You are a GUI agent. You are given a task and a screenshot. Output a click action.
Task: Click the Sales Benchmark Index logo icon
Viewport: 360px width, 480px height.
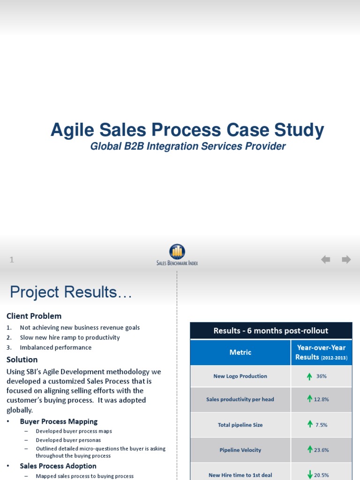pyautogui.click(x=177, y=251)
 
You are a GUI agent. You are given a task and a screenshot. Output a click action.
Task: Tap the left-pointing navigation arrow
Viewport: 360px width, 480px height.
pyautogui.click(x=325, y=259)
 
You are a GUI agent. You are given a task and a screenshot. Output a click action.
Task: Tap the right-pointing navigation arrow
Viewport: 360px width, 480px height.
pyautogui.click(x=346, y=259)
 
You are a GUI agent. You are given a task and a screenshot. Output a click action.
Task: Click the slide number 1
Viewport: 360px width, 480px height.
pyautogui.click(x=12, y=260)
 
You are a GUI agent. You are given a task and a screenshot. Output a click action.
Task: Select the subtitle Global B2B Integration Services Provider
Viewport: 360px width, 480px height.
pyautogui.click(x=187, y=146)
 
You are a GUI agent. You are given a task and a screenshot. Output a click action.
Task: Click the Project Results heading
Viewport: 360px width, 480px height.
pyautogui.click(x=71, y=292)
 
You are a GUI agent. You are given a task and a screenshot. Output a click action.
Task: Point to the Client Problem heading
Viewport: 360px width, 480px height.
pyautogui.click(x=34, y=316)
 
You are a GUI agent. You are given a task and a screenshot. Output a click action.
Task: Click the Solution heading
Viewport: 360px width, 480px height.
pyautogui.click(x=22, y=360)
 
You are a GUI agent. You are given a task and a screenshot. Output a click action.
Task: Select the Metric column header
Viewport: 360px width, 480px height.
pyautogui.click(x=240, y=352)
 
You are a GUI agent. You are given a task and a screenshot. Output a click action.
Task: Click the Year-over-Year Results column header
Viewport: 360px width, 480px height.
pyautogui.click(x=321, y=352)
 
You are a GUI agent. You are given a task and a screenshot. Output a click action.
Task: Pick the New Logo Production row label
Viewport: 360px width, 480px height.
pyautogui.click(x=240, y=376)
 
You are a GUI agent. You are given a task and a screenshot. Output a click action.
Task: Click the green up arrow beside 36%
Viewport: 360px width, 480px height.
pyautogui.click(x=309, y=376)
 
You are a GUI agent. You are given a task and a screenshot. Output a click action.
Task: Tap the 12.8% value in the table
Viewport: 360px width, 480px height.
pyautogui.click(x=322, y=399)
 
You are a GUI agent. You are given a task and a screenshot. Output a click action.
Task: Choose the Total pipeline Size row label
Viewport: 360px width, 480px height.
pyautogui.click(x=240, y=425)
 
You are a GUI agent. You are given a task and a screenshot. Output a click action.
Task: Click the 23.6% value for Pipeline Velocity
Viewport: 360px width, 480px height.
pyautogui.click(x=322, y=450)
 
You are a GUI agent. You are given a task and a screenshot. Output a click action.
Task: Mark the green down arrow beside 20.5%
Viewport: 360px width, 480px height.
pyautogui.click(x=310, y=474)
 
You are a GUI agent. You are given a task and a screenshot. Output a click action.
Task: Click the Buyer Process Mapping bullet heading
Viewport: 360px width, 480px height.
pyautogui.click(x=59, y=421)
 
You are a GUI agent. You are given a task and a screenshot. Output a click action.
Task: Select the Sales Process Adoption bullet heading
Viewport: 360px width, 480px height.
pyautogui.click(x=58, y=466)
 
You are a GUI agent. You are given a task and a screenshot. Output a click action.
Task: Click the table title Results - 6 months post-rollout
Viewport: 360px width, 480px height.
pyautogui.click(x=271, y=330)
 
